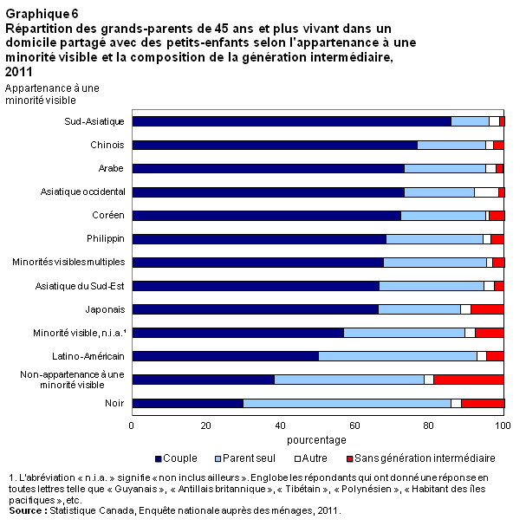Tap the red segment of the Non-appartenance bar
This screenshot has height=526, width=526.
468,379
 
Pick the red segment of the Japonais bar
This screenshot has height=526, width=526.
486,308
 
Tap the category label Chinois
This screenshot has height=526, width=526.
107,145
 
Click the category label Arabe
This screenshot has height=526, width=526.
110,168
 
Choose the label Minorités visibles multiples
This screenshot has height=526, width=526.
68,262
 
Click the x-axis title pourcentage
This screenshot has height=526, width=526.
317,439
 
